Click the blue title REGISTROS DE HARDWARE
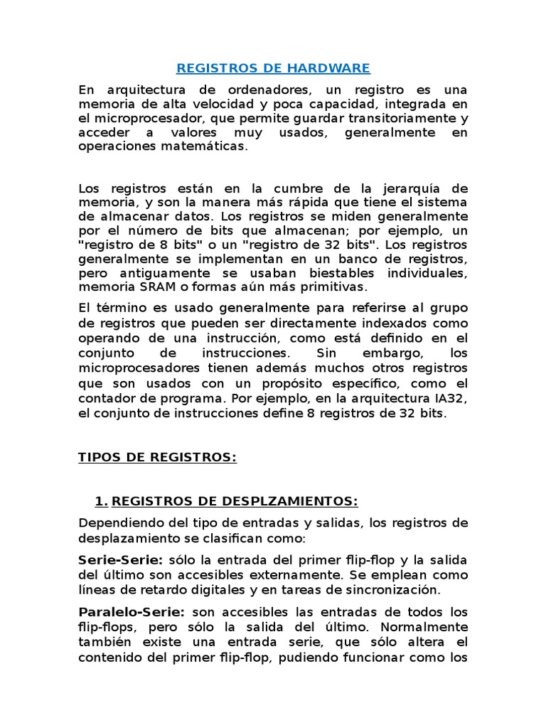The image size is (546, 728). [273, 68]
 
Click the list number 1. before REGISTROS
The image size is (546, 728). [101, 502]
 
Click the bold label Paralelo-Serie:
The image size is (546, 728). [131, 613]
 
